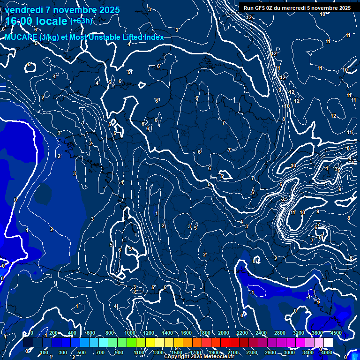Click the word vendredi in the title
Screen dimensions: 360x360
point(24,10)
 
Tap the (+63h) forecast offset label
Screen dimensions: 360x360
point(81,21)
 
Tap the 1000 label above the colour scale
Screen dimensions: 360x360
point(129,333)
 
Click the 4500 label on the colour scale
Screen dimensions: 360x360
point(336,333)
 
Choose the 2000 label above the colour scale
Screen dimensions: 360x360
point(224,333)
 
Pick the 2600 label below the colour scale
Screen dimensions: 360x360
point(270,352)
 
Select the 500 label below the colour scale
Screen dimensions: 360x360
point(81,352)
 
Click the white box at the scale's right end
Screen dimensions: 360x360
point(328,343)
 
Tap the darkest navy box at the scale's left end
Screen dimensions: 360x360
point(28,343)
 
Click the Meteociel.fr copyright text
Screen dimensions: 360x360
point(199,357)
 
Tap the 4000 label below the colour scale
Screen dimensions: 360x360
point(327,352)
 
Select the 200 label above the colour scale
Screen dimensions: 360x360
point(53,333)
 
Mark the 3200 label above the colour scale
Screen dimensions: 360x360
point(299,333)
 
